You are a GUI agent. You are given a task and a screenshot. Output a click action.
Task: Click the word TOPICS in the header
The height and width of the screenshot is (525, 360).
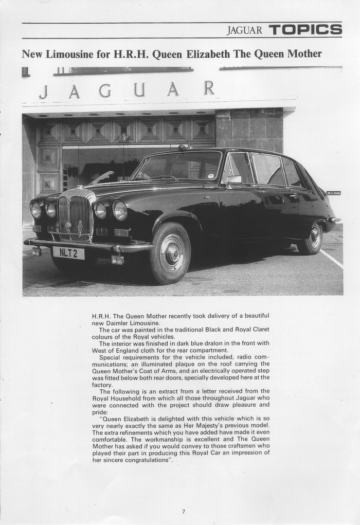(x=305, y=30)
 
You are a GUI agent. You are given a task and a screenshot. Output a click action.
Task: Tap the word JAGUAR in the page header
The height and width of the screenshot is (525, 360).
(x=244, y=30)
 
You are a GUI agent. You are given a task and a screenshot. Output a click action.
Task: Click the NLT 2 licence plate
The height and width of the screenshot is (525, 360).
(x=68, y=252)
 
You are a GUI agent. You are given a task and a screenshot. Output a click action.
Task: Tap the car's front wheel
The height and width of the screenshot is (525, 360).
(x=170, y=253)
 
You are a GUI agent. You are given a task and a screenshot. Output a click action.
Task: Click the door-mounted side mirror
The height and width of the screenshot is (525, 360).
(x=234, y=179)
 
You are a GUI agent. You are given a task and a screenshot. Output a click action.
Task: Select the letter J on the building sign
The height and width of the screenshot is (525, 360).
(x=44, y=92)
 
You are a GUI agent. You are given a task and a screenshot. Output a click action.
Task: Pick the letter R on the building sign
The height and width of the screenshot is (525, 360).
(x=208, y=88)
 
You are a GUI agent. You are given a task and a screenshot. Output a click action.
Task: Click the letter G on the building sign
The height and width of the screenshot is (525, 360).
(x=105, y=90)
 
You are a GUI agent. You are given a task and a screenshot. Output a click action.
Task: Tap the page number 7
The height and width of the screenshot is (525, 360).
(x=183, y=511)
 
